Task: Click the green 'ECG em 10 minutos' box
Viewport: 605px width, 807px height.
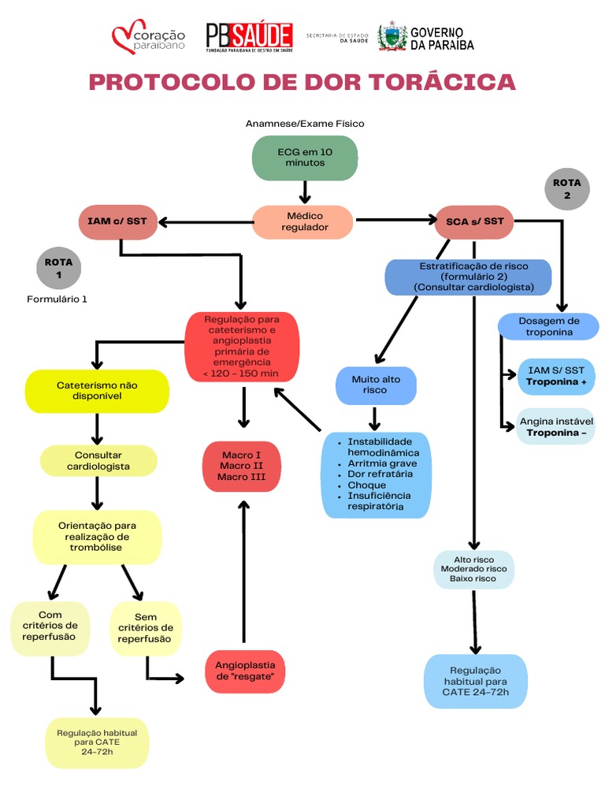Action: click(305, 158)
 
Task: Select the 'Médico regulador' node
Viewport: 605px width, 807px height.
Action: click(303, 221)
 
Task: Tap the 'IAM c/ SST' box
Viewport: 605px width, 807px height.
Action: click(118, 221)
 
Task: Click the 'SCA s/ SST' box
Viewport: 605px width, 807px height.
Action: click(473, 221)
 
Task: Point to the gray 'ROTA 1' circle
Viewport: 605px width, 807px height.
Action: click(58, 268)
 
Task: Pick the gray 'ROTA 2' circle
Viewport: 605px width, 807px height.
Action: click(567, 189)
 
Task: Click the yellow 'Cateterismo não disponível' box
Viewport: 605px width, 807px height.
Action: click(97, 391)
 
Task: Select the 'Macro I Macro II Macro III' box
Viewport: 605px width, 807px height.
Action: click(242, 467)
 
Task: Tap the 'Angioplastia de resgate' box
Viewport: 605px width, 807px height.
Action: click(245, 671)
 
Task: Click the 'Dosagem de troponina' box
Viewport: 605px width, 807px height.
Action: click(548, 326)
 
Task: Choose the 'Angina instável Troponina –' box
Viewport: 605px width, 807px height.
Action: click(555, 427)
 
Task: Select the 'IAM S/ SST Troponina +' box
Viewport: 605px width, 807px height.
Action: click(556, 376)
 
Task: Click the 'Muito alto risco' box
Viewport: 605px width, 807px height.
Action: click(376, 385)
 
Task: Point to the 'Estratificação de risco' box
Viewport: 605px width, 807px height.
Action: click(468, 277)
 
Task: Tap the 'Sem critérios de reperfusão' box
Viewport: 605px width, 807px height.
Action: click(146, 628)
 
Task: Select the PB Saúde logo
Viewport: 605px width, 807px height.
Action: click(250, 38)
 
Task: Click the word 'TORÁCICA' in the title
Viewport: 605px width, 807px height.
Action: click(443, 82)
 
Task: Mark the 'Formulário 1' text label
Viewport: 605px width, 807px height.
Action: click(57, 299)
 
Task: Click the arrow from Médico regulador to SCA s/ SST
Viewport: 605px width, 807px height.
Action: click(396, 220)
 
